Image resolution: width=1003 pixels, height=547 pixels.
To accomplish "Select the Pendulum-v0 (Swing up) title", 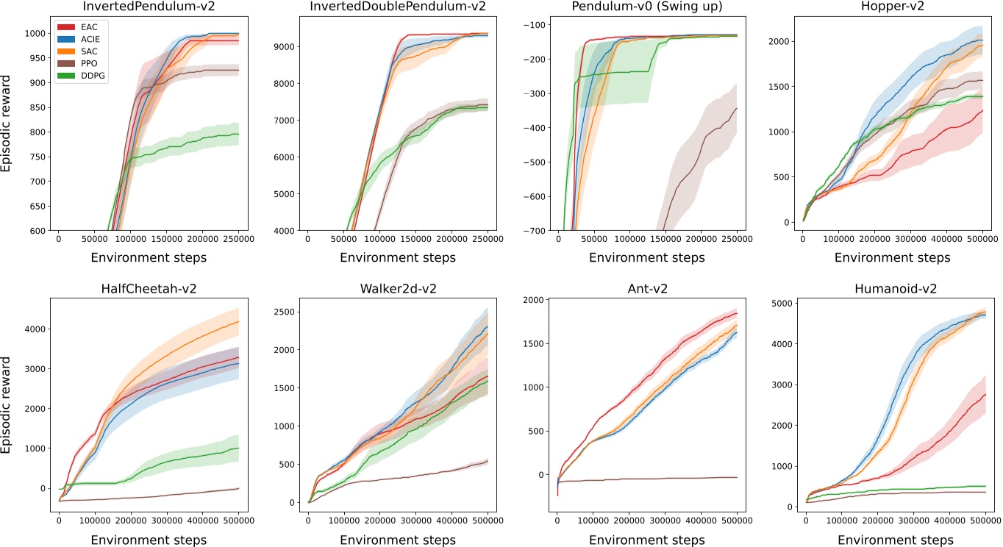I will pyautogui.click(x=646, y=9).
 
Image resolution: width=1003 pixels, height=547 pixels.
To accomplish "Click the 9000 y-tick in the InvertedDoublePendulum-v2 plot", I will pyautogui.click(x=282, y=46).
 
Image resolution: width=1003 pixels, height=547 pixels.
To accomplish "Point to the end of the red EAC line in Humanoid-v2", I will pyautogui.click(x=985, y=394).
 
